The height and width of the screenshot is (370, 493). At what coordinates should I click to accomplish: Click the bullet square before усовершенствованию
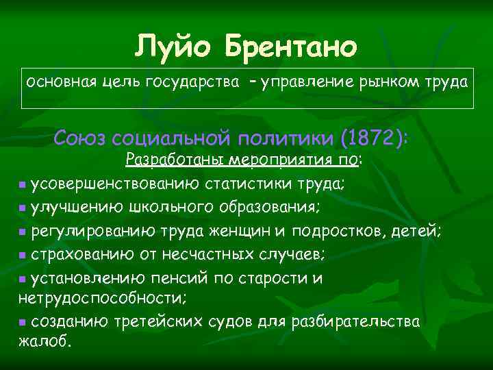click(23, 185)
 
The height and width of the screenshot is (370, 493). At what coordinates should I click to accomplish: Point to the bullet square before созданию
click(23, 322)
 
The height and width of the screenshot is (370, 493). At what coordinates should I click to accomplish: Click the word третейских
click(151, 321)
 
